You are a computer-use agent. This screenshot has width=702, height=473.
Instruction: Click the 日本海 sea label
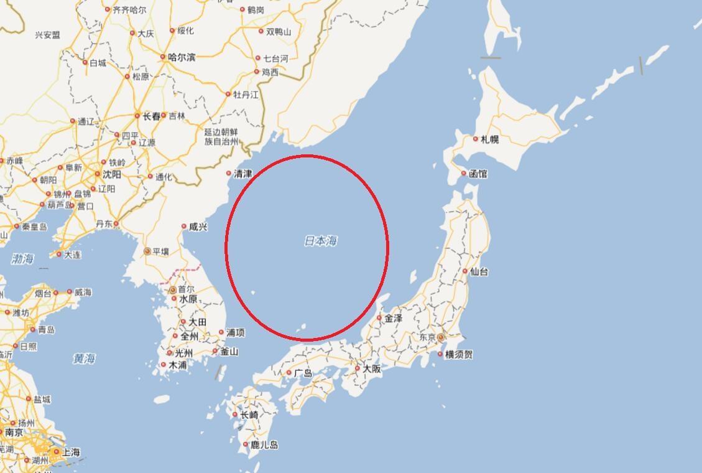pyautogui.click(x=321, y=241)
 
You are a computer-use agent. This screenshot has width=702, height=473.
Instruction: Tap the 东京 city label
pyautogui.click(x=427, y=337)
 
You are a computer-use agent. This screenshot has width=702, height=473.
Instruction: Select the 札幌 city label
pyautogui.click(x=489, y=139)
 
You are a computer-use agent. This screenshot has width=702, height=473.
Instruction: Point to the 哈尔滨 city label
pyautogui.click(x=181, y=57)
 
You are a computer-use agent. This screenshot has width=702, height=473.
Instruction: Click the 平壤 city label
pyautogui.click(x=160, y=251)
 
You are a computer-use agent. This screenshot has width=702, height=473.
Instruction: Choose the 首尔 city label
pyautogui.click(x=187, y=289)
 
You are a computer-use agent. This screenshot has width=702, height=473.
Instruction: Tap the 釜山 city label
pyautogui.click(x=229, y=352)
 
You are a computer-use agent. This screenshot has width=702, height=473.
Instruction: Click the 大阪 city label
pyautogui.click(x=372, y=368)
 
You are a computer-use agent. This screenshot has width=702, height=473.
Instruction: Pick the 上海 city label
pyautogui.click(x=71, y=452)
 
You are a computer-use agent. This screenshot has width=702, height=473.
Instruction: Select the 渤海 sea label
pyautogui.click(x=22, y=259)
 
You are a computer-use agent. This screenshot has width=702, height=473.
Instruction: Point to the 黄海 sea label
pyautogui.click(x=84, y=358)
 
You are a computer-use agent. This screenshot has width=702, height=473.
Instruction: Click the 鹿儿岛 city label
pyautogui.click(x=264, y=445)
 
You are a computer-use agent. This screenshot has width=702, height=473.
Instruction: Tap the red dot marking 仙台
pyautogui.click(x=464, y=271)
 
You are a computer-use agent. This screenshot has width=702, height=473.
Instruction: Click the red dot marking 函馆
pyautogui.click(x=463, y=174)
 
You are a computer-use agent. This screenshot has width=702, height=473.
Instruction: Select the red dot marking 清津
pyautogui.click(x=229, y=174)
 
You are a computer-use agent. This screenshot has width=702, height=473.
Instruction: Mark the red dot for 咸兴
pyautogui.click(x=184, y=227)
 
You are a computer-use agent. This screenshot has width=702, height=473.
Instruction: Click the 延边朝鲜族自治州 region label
pyautogui.click(x=221, y=137)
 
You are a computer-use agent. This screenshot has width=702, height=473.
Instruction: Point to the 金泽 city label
pyautogui.click(x=393, y=318)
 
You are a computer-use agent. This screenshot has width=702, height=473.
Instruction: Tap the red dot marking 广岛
pyautogui.click(x=289, y=373)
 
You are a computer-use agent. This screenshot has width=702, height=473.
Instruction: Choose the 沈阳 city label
pyautogui.click(x=112, y=175)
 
